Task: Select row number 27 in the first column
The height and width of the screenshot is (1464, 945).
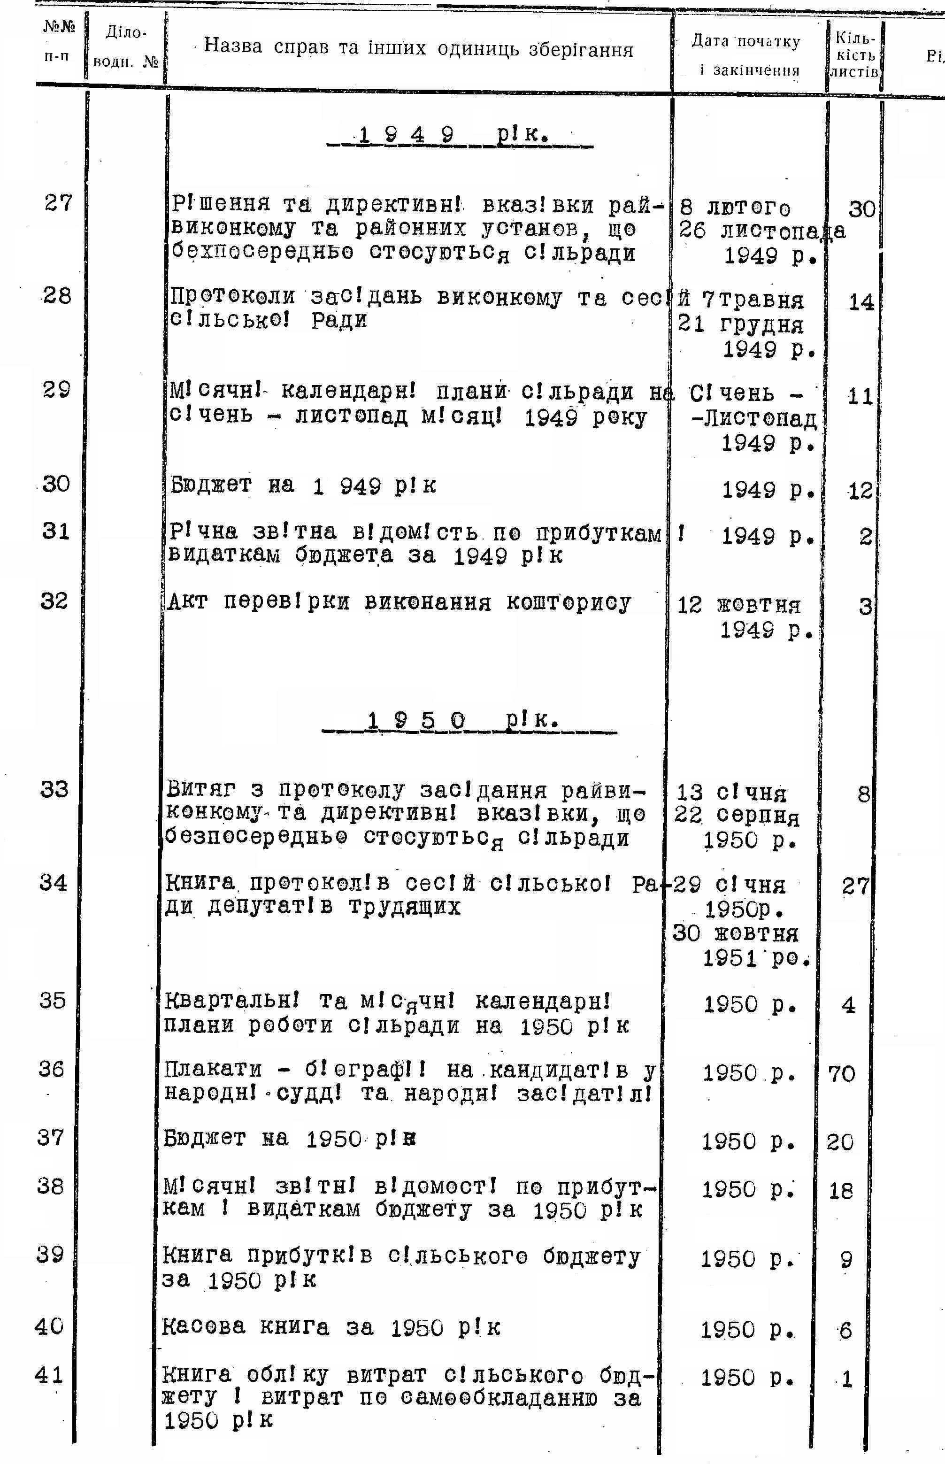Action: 58,202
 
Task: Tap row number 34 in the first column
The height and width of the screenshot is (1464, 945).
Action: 54,883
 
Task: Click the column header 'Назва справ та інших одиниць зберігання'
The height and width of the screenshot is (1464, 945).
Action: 418,48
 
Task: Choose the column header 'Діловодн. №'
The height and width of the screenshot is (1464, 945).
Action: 125,47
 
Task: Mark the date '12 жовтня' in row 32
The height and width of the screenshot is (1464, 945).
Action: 739,606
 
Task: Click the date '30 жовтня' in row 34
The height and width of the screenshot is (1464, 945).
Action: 735,934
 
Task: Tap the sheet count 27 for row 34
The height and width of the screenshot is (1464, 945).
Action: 855,886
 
